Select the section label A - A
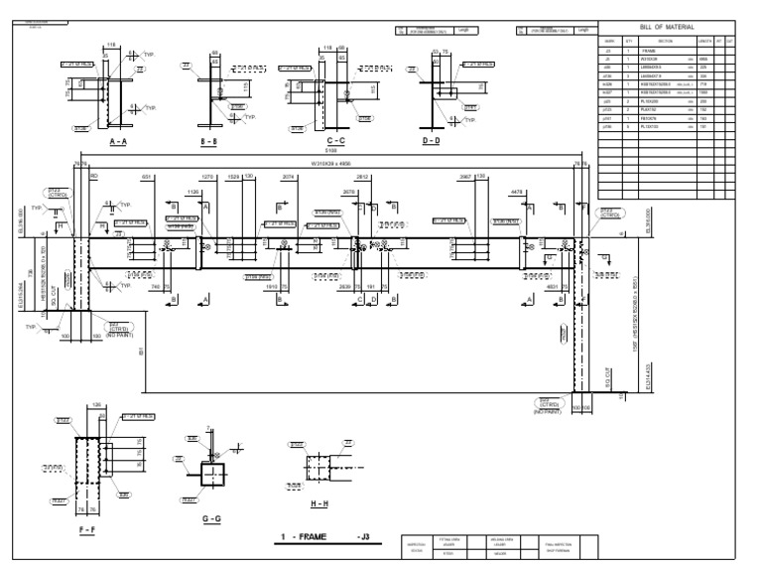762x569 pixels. (118, 142)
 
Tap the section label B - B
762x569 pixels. (209, 142)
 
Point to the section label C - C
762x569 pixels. (332, 142)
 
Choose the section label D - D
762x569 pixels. (431, 142)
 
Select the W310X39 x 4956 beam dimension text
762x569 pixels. (332, 163)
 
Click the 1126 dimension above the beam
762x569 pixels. (194, 192)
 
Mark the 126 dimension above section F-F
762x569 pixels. (96, 404)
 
